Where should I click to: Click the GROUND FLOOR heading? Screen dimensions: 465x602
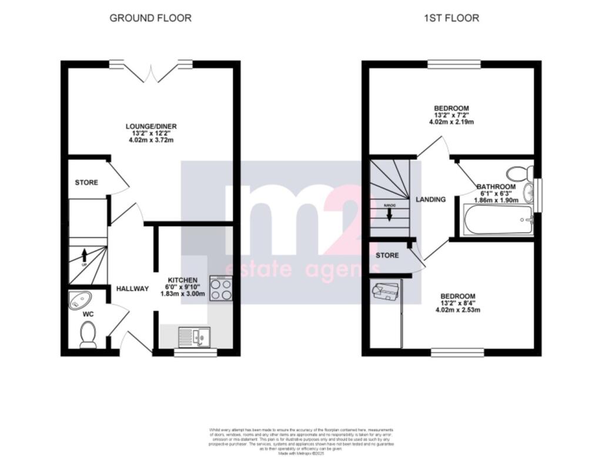150,18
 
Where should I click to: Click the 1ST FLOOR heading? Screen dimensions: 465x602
451,18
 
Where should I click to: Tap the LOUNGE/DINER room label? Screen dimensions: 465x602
151,126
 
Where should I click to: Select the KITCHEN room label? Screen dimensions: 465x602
183,280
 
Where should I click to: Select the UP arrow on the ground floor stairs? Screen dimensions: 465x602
84,255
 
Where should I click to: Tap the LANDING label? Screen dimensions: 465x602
431,200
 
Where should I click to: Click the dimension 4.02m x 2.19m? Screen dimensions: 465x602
451,122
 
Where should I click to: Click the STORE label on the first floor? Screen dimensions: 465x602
387,255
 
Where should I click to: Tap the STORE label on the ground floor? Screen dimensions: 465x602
86,182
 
